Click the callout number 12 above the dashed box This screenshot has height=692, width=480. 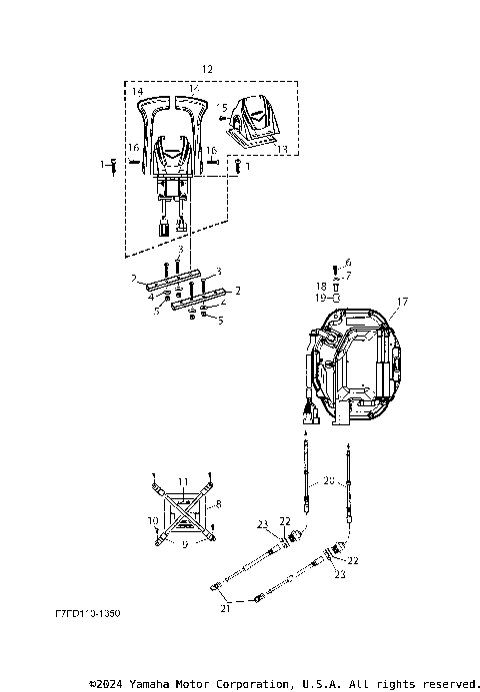click(207, 68)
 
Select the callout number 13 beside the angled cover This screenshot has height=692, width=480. click(282, 148)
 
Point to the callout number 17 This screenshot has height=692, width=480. click(402, 301)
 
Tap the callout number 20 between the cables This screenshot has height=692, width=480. click(328, 481)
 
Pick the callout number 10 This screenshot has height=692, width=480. click(153, 520)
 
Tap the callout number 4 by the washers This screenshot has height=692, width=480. click(150, 297)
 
